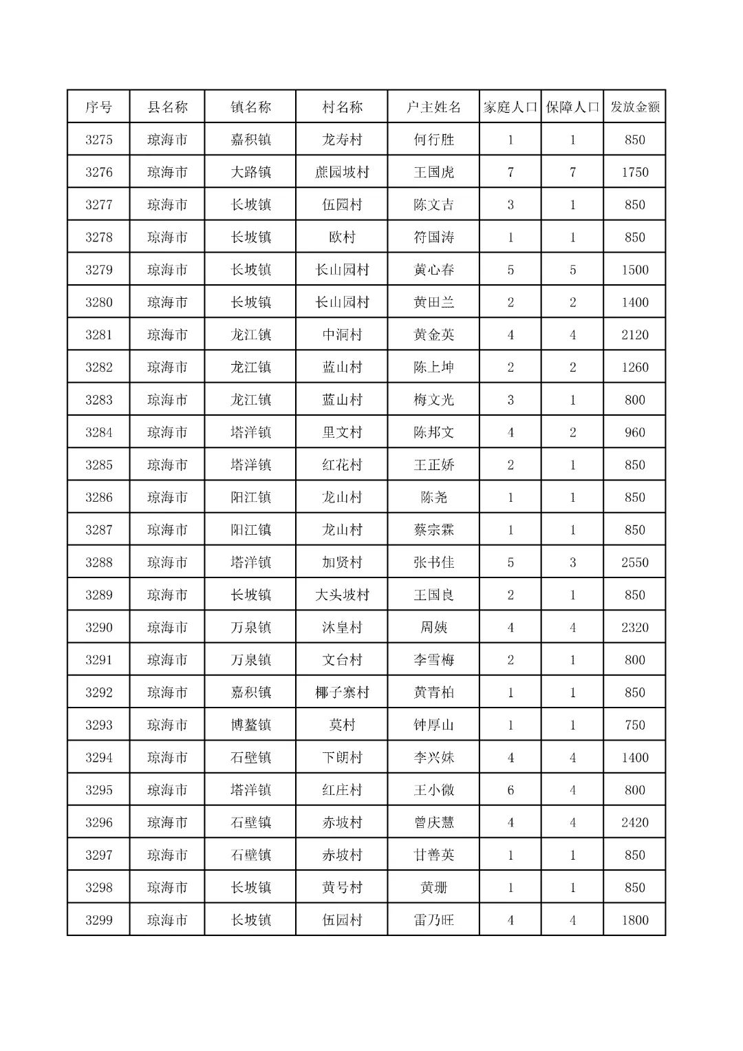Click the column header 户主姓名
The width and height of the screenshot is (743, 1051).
(x=433, y=107)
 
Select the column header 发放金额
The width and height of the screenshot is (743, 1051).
(x=634, y=107)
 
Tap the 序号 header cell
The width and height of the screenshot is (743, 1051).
(x=98, y=107)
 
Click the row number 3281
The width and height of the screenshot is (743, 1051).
(x=98, y=335)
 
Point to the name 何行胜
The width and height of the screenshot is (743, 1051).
(x=433, y=140)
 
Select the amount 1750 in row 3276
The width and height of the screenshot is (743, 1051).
(x=634, y=172)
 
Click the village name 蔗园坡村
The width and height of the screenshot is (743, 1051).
(x=342, y=172)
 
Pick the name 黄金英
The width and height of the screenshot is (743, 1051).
(x=433, y=335)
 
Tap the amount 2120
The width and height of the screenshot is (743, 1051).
(x=634, y=335)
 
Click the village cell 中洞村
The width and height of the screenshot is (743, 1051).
(x=342, y=335)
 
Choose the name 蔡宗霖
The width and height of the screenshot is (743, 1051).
(x=433, y=530)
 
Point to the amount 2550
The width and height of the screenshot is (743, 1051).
(x=634, y=562)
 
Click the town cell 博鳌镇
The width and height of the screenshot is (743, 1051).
(x=250, y=725)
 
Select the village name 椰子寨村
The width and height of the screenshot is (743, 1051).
(x=342, y=692)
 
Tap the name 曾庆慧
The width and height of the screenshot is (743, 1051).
(x=433, y=822)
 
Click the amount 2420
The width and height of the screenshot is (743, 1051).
(x=634, y=822)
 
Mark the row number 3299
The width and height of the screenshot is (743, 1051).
(x=98, y=920)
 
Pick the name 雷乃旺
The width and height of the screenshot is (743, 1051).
(x=433, y=920)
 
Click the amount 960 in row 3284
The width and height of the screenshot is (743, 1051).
(x=634, y=432)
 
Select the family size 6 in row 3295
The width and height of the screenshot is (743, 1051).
(x=510, y=790)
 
